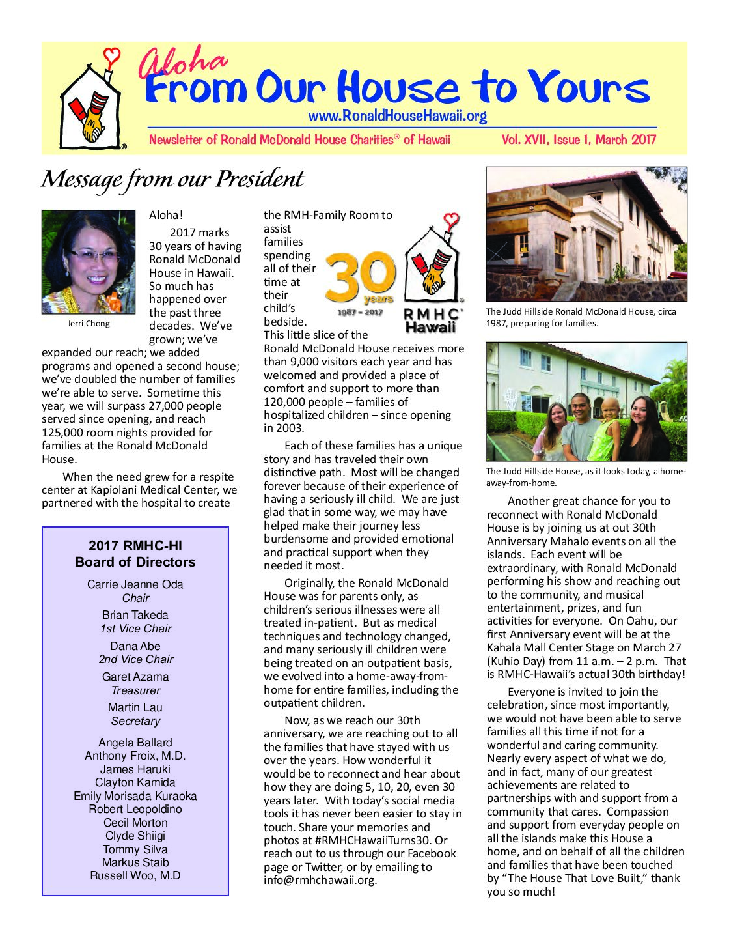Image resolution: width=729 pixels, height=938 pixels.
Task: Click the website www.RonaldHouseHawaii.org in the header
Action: pos(397,117)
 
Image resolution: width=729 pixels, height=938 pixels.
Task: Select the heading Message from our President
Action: pos(172,179)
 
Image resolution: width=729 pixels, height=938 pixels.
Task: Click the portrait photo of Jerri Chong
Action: pos(89,262)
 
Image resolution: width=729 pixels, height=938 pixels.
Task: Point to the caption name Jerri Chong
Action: pos(89,324)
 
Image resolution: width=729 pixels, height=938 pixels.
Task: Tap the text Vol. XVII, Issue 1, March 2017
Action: pos(579,139)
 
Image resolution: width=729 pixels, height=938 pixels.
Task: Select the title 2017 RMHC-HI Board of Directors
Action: pos(135,554)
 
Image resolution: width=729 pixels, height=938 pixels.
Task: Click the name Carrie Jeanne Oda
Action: pos(135,584)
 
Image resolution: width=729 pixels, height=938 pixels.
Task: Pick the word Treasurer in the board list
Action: pos(135,690)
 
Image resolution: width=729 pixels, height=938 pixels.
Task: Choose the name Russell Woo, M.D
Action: pos(135,875)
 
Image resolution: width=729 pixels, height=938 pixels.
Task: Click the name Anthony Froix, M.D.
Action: pos(135,756)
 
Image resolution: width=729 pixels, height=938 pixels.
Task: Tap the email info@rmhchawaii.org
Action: pos(320,881)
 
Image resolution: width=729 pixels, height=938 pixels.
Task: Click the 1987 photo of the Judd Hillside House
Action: pos(586,234)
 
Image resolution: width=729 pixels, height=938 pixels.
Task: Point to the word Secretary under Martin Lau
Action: pos(135,721)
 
